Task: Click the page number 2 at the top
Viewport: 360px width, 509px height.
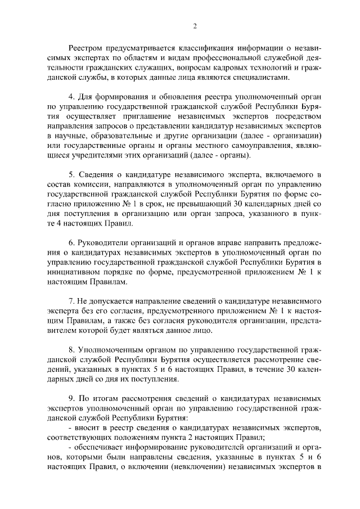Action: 195,26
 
